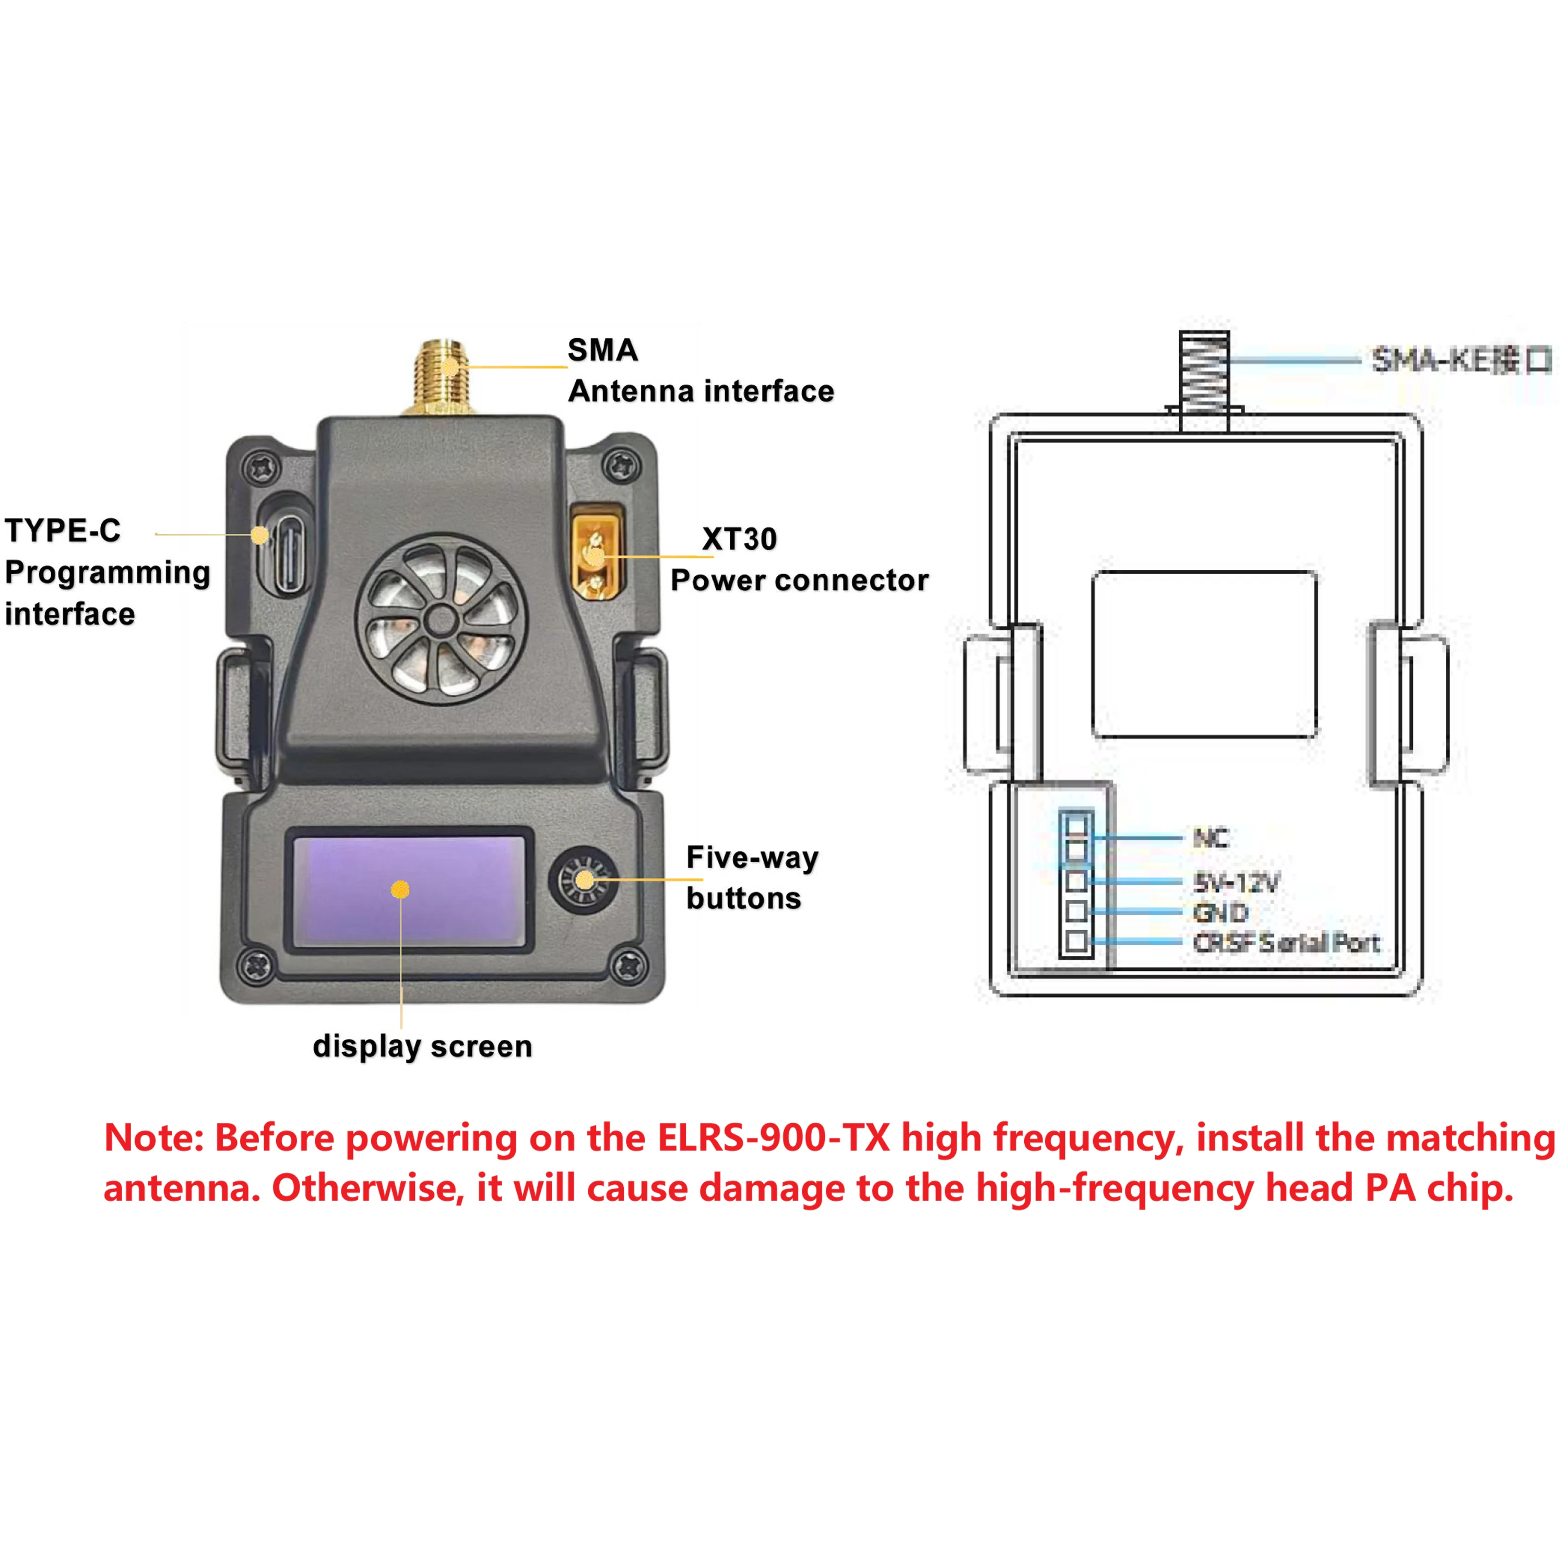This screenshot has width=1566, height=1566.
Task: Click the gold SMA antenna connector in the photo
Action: coord(442,377)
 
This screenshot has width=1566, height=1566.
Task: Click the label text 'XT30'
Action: coord(739,539)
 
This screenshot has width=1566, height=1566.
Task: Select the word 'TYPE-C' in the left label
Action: coord(63,531)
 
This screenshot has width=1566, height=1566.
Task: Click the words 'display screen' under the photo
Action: coord(422,1047)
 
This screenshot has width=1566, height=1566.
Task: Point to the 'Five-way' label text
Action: coord(752,858)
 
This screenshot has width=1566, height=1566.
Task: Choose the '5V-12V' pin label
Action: coord(1236,882)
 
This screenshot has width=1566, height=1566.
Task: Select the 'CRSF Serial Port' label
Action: coord(1286,943)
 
